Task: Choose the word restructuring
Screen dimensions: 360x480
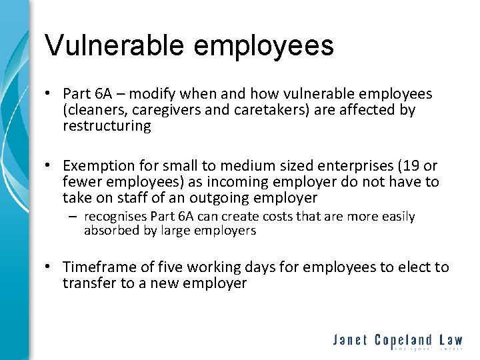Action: (x=107, y=125)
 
